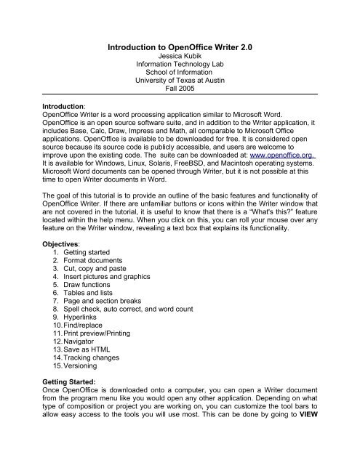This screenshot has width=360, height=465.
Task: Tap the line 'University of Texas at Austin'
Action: click(180, 89)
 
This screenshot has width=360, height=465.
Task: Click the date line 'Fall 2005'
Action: click(180, 98)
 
